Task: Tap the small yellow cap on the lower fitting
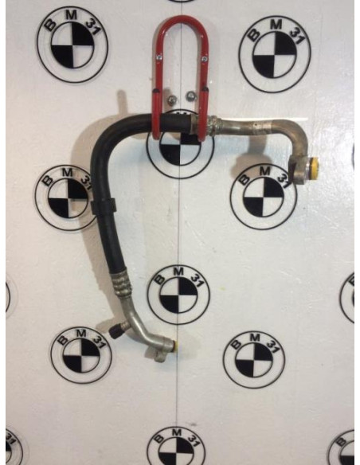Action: (176, 346)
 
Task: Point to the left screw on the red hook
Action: (159, 55)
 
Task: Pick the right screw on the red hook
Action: (203, 59)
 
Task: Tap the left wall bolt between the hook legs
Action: (172, 100)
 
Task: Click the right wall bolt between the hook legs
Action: (190, 96)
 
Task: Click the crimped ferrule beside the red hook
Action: (213, 126)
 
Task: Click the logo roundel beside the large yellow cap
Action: (264, 196)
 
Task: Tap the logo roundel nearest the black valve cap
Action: (81, 354)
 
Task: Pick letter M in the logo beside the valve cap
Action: (80, 333)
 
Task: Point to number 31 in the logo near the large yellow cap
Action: (283, 179)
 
